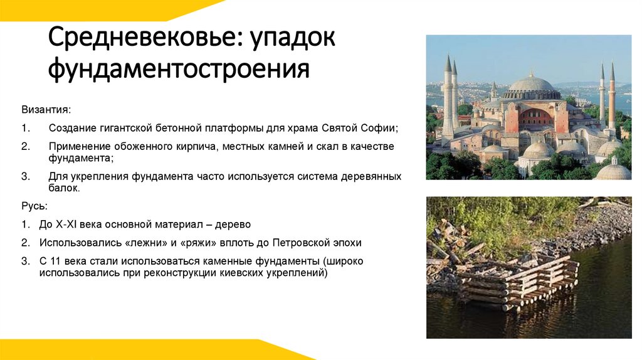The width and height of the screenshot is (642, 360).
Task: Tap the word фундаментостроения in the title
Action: point(179,69)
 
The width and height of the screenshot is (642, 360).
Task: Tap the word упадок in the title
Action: point(294,41)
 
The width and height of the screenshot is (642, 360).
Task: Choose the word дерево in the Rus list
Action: point(233,224)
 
